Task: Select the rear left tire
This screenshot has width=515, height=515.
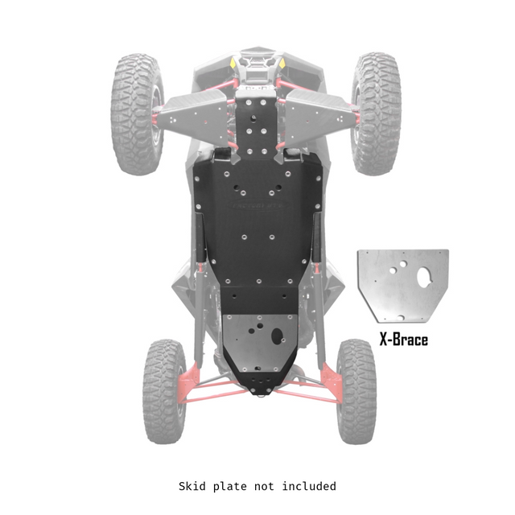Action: click(163, 391)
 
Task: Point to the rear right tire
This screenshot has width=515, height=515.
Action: click(356, 391)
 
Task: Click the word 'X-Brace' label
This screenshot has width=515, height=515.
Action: click(403, 339)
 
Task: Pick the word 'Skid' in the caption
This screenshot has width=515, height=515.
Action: click(192, 486)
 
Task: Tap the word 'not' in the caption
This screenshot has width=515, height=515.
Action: click(266, 486)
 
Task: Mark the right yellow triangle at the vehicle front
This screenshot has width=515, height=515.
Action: click(282, 63)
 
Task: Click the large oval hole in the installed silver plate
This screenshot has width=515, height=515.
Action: click(278, 336)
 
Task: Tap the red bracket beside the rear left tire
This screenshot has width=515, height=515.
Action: click(190, 377)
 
